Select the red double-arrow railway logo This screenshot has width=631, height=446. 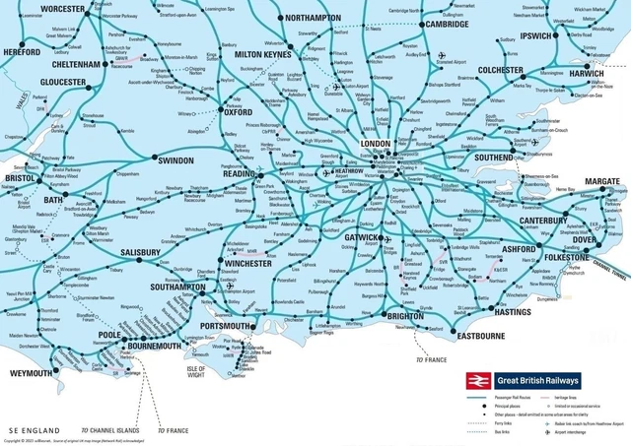point(477,380)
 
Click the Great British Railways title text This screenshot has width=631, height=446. point(536,380)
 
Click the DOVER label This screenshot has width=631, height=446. point(585,241)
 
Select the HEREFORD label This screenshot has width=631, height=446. point(23,51)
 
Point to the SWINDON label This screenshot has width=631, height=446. point(176,159)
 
